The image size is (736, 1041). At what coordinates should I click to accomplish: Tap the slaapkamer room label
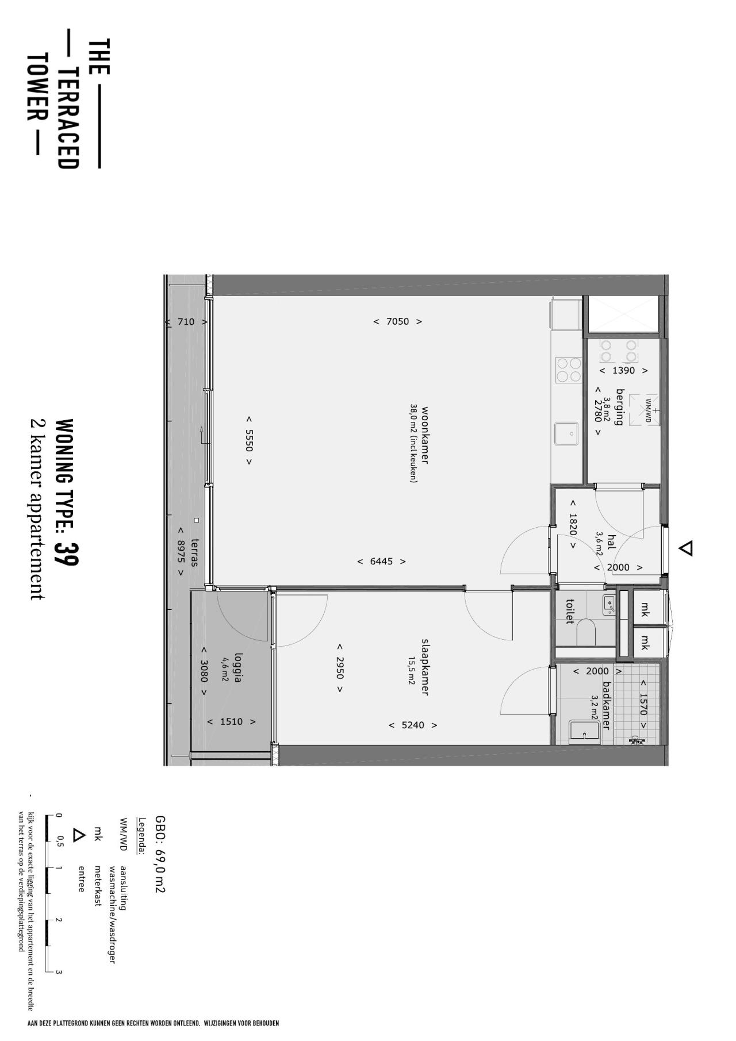425,666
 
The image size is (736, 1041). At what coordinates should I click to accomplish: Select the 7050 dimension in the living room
397,321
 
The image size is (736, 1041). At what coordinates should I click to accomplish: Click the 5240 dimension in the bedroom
413,725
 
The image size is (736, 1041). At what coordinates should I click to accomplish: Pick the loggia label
238,666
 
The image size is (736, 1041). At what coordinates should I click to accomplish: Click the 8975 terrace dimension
181,551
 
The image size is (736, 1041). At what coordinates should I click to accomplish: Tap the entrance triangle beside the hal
685,548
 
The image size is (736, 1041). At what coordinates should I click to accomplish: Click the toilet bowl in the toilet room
586,631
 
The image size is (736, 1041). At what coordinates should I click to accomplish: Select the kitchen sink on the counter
566,433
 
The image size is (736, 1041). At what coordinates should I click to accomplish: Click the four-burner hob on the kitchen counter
568,369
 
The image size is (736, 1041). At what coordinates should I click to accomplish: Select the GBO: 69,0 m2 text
160,854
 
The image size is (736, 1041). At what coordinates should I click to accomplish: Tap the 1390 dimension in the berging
623,371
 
